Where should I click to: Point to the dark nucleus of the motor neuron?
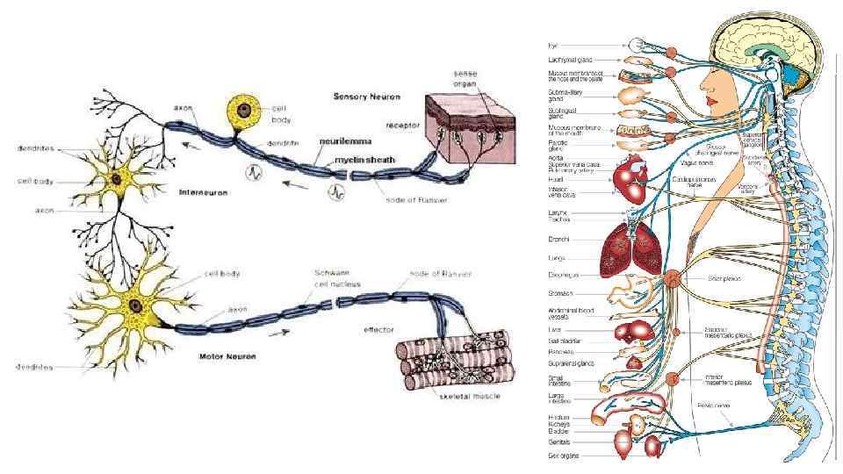pos(136,305)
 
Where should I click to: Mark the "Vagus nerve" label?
pos(695,162)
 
